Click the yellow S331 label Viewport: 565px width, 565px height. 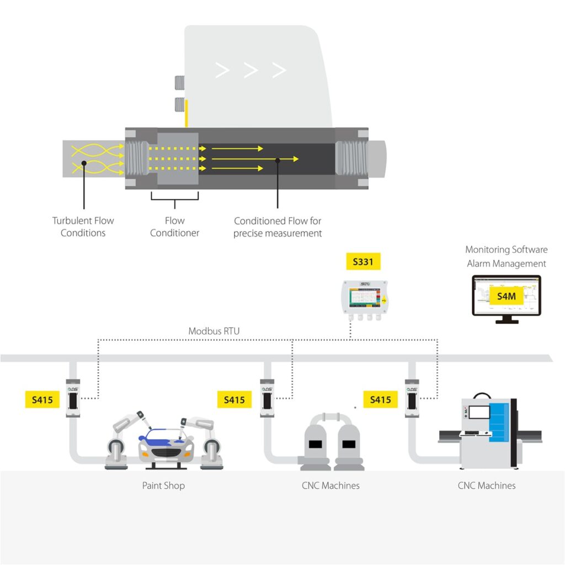pos(363,262)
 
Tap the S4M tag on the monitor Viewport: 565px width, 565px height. pos(506,296)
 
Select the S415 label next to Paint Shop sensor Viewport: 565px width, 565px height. pos(42,399)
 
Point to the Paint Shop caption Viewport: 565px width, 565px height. pos(163,486)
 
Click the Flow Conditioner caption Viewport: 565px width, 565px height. pos(174,227)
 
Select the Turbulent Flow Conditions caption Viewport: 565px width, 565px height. pos(83,227)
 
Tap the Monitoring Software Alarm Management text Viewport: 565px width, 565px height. pos(506,257)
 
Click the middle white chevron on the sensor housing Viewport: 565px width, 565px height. pos(251,70)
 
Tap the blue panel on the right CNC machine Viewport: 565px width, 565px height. pos(500,425)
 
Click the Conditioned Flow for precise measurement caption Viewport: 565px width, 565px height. pos(278,227)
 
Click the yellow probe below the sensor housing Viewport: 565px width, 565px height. pos(186,114)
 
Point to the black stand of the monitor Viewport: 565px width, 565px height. pos(507,319)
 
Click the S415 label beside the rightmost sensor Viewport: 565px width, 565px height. pos(380,399)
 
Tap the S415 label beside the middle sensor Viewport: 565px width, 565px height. pos(234,399)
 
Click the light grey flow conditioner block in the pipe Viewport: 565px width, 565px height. pos(178,158)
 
